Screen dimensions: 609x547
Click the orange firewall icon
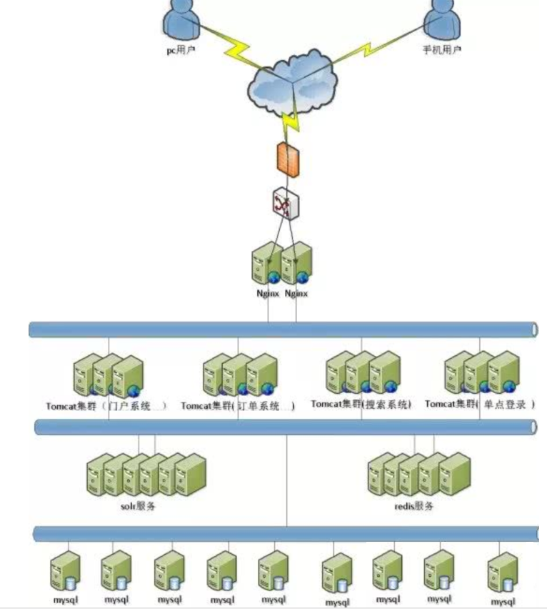point(288,160)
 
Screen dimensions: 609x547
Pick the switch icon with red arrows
point(284,204)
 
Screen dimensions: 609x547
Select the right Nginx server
point(296,264)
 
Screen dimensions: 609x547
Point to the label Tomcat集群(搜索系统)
point(361,405)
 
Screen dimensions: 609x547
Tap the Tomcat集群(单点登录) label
point(480,405)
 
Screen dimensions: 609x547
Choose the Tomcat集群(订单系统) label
point(238,406)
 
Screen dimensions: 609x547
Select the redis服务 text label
point(413,506)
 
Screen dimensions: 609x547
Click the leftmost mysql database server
point(66,571)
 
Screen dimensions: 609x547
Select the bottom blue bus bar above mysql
point(286,534)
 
